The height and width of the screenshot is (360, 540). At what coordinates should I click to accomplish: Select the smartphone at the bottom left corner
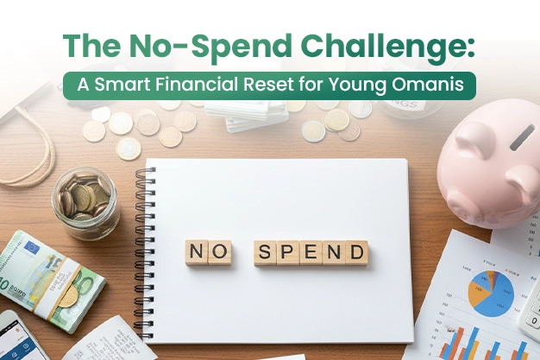point(19,337)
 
